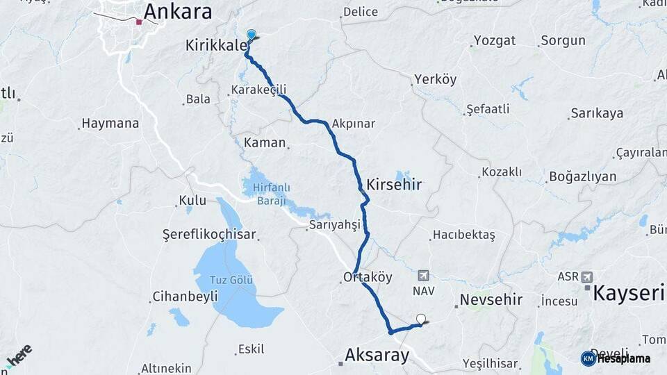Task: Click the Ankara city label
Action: tap(177, 12)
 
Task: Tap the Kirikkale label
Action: tap(216, 45)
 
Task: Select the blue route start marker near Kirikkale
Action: tap(251, 34)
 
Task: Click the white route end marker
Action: tap(420, 319)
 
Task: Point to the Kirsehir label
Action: tap(394, 185)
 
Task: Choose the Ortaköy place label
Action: tap(368, 277)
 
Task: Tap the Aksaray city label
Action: tap(377, 356)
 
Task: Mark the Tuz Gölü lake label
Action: tap(231, 280)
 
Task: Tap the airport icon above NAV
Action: tap(423, 276)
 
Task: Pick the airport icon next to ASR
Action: tap(587, 276)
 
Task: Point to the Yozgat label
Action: tap(494, 40)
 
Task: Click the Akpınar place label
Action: tap(354, 124)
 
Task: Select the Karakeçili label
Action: tap(258, 90)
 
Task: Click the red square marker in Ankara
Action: tap(139, 22)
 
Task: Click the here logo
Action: tap(19, 356)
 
